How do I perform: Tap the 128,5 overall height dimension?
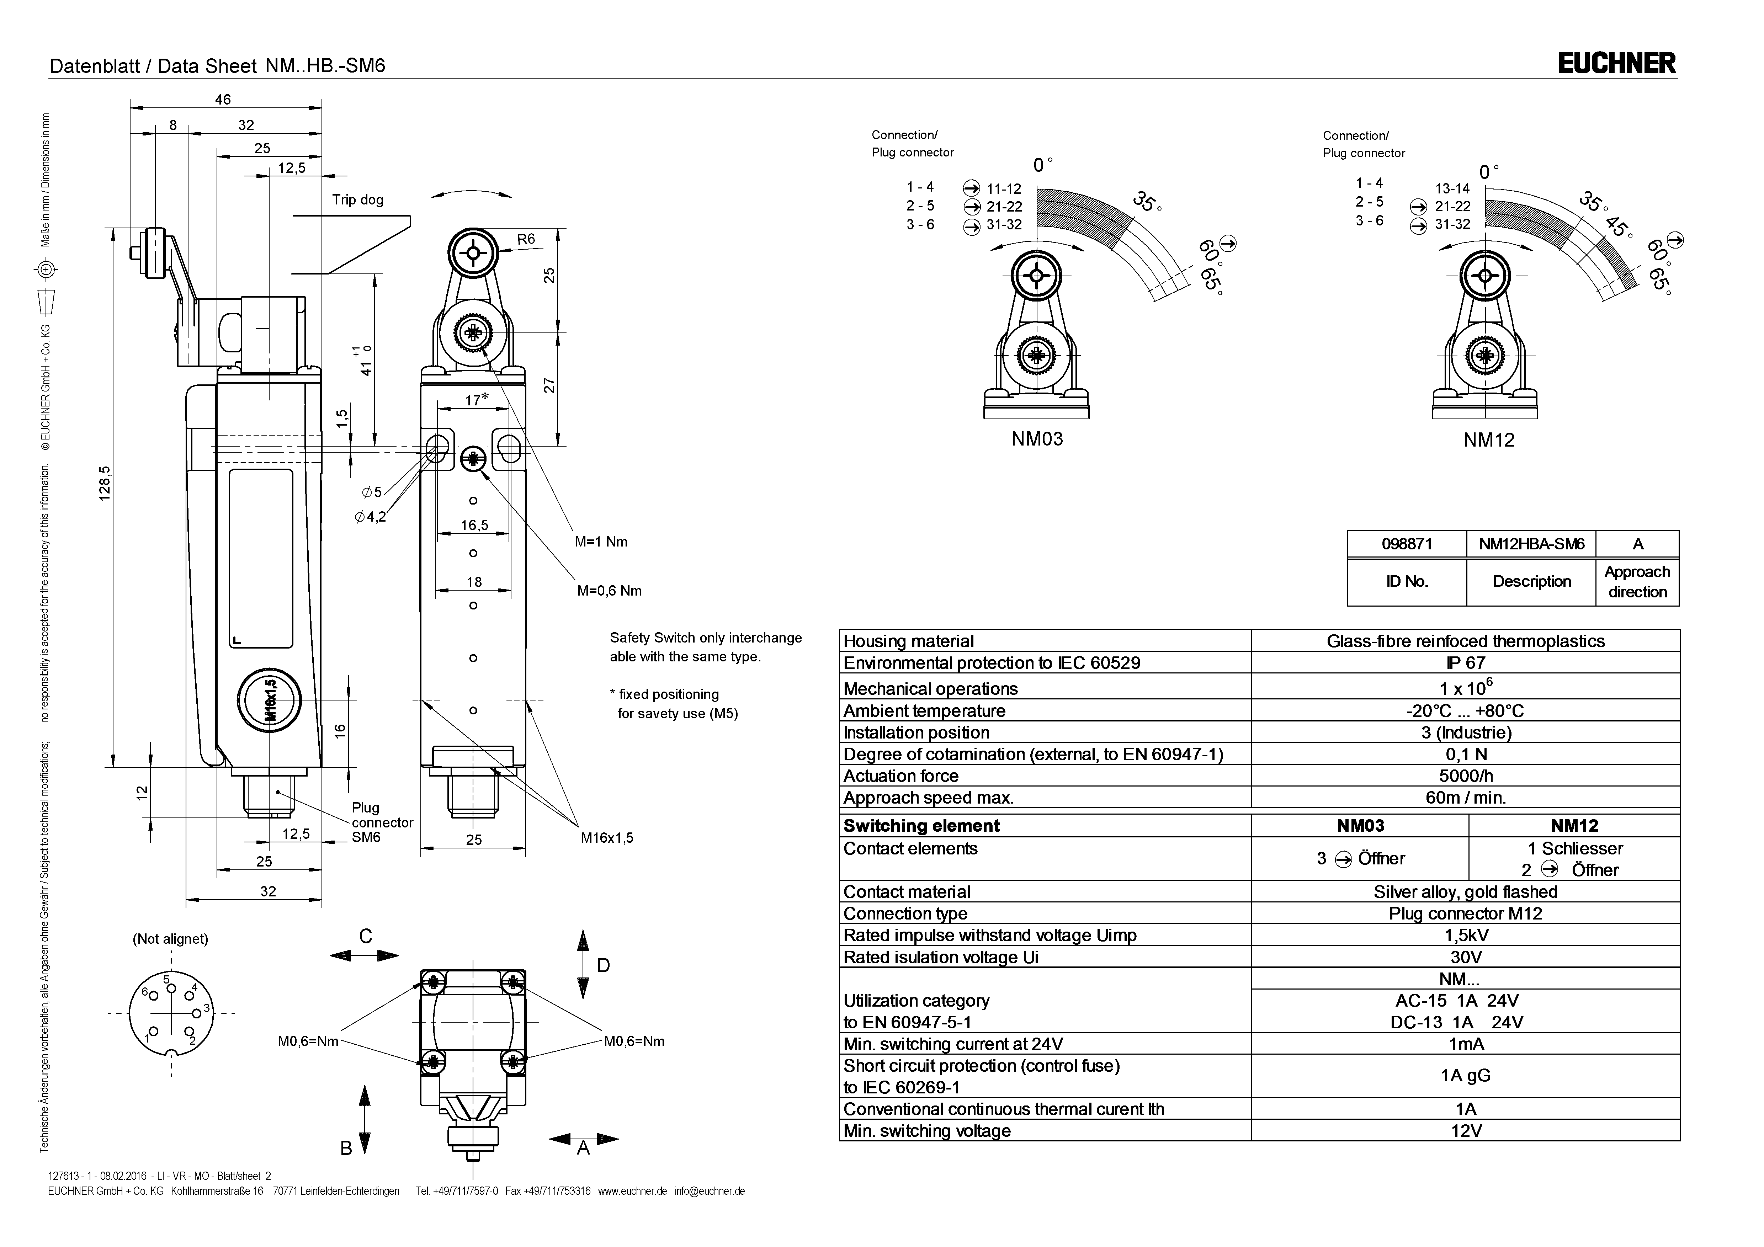pyautogui.click(x=105, y=483)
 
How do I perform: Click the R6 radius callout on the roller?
pyautogui.click(x=526, y=239)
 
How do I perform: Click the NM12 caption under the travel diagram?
pyautogui.click(x=1488, y=440)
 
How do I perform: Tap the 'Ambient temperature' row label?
pyautogui.click(x=924, y=711)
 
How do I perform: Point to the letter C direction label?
pyautogui.click(x=366, y=936)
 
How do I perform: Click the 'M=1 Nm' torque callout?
pyautogui.click(x=601, y=542)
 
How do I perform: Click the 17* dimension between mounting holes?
pyautogui.click(x=476, y=400)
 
